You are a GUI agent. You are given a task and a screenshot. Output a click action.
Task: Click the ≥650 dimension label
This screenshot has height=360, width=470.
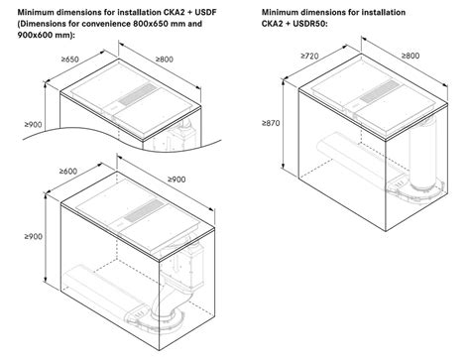(x=70, y=60)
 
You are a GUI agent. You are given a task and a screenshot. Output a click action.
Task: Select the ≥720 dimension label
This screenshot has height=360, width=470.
(x=309, y=56)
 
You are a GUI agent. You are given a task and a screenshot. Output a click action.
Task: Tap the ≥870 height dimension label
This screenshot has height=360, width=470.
(x=271, y=123)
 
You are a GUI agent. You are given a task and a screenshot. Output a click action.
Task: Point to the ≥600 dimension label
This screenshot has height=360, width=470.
(x=68, y=172)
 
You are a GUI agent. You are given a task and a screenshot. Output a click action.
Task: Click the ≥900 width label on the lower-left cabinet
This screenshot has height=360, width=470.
(x=176, y=180)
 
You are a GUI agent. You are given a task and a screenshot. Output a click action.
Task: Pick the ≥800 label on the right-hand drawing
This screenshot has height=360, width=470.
(x=411, y=56)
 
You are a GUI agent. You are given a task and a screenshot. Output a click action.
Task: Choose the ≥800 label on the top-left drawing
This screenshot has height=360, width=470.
(x=165, y=60)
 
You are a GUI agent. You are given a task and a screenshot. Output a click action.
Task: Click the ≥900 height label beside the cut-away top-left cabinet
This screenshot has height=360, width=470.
(x=33, y=124)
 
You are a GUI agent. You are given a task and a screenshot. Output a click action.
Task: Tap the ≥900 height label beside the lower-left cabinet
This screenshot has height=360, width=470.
(x=33, y=236)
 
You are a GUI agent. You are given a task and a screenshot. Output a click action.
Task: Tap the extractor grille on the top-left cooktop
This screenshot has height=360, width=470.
(x=138, y=94)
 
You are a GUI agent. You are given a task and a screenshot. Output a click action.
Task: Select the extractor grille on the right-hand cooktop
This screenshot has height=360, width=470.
(x=380, y=91)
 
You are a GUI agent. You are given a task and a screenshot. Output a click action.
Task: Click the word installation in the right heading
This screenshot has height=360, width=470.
(x=384, y=13)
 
